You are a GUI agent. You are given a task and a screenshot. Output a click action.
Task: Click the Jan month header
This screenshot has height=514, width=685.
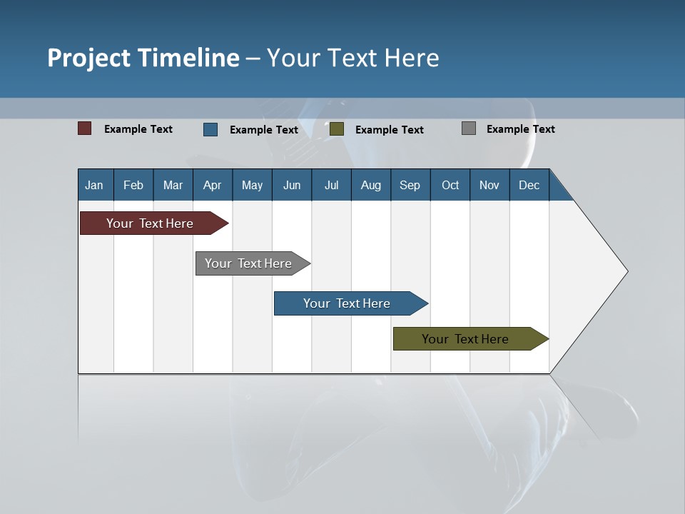pyautogui.click(x=95, y=185)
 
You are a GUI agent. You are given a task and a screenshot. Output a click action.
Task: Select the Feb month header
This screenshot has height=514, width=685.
pyautogui.click(x=133, y=185)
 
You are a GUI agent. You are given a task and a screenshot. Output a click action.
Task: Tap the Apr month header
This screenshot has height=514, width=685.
pyautogui.click(x=213, y=185)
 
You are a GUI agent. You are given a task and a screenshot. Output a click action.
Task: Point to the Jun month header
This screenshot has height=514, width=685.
pyautogui.click(x=292, y=185)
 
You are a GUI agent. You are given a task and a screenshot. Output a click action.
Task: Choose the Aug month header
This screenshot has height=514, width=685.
pyautogui.click(x=371, y=185)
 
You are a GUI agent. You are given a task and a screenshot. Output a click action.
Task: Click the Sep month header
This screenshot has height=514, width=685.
pyautogui.click(x=410, y=185)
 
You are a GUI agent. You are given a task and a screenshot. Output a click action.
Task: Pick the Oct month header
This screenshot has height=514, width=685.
pyautogui.click(x=450, y=185)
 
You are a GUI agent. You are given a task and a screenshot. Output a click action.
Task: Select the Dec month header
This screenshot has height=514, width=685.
pyautogui.click(x=529, y=185)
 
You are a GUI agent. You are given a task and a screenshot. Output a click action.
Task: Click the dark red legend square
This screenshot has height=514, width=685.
pyautogui.click(x=85, y=128)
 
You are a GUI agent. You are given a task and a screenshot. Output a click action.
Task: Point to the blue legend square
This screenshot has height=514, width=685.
pyautogui.click(x=210, y=129)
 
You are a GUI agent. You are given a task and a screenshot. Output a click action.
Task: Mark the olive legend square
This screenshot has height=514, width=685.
pyautogui.click(x=337, y=129)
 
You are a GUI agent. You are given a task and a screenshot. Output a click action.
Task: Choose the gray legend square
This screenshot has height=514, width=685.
pyautogui.click(x=469, y=128)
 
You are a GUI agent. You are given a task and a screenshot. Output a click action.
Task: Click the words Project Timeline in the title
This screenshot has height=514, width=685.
pyautogui.click(x=143, y=58)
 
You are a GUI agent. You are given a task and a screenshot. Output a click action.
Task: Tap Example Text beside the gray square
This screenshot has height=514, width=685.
pyautogui.click(x=520, y=129)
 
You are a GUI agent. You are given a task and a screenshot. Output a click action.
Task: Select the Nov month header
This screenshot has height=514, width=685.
pyautogui.click(x=489, y=185)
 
